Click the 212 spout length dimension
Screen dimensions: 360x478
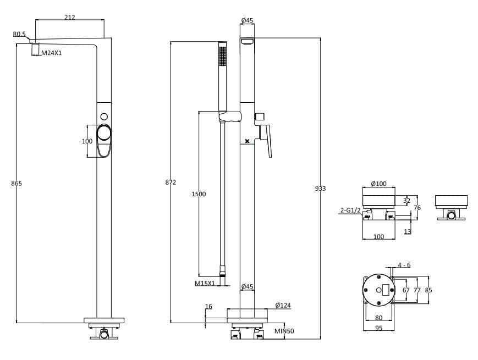69,17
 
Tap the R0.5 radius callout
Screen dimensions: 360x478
19,34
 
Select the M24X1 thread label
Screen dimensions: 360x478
52,53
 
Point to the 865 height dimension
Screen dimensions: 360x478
17,183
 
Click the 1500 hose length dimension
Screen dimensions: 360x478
198,194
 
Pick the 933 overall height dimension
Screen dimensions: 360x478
320,189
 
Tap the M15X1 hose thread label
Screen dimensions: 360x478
205,284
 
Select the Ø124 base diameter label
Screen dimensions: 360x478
283,305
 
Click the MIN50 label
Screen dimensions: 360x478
284,331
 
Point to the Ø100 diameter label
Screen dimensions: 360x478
378,184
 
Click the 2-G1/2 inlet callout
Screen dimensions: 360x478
350,210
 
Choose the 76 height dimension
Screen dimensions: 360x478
417,208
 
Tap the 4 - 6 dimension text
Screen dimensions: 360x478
404,265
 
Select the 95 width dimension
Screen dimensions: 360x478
378,328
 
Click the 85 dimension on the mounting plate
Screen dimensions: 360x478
428,290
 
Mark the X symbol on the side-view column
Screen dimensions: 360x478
247,141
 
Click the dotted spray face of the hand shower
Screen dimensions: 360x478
222,56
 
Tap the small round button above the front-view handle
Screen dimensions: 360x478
104,117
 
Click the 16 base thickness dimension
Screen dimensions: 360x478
208,307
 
